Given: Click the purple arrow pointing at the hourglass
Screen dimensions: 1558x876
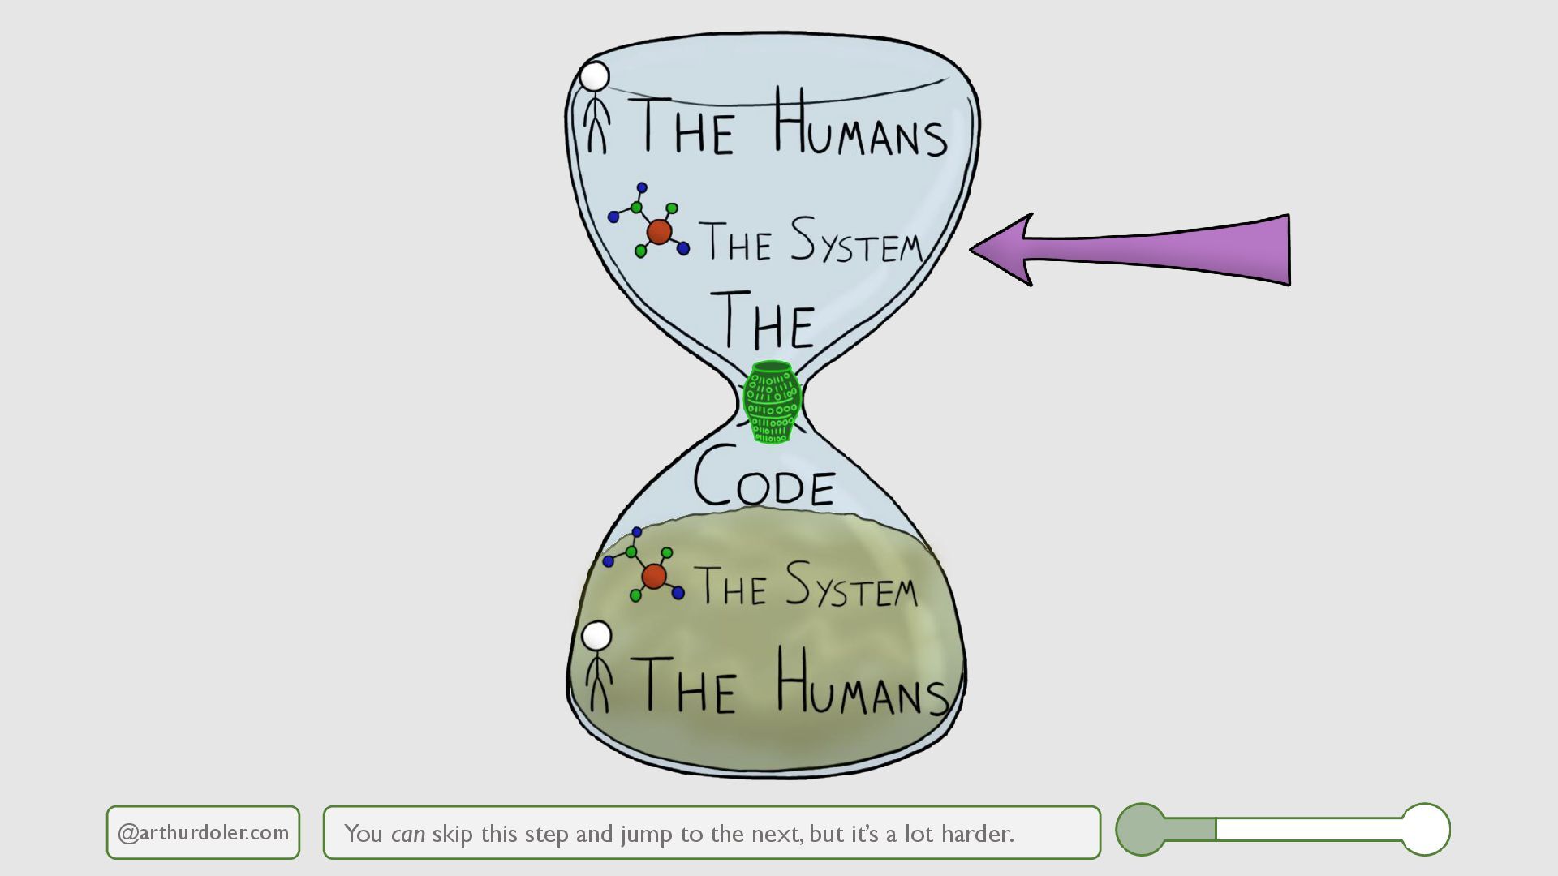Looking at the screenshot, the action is [x=1152, y=250].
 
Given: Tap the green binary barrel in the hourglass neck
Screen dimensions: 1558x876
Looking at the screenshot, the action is [x=772, y=402].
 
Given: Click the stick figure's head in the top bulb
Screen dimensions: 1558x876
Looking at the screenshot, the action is [x=594, y=77].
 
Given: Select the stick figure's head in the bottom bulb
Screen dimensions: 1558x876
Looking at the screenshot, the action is [x=596, y=637].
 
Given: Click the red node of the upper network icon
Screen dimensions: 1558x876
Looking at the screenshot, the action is [x=659, y=232].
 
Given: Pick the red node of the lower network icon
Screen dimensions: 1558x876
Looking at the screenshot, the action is [x=654, y=577].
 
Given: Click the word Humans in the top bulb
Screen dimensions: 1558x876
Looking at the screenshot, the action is [x=860, y=126].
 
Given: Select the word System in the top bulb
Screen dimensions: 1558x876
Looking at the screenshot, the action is [x=857, y=242].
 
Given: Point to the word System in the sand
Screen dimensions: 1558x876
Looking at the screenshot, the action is [x=851, y=586].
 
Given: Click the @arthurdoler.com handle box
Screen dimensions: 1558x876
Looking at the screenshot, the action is [x=203, y=832].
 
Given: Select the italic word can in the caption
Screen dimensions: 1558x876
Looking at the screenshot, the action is [x=407, y=834].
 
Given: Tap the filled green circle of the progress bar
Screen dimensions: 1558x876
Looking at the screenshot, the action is [x=1141, y=829].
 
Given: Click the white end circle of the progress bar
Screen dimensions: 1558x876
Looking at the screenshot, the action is [x=1426, y=829].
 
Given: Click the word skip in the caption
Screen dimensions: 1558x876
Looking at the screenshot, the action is [x=453, y=834].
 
